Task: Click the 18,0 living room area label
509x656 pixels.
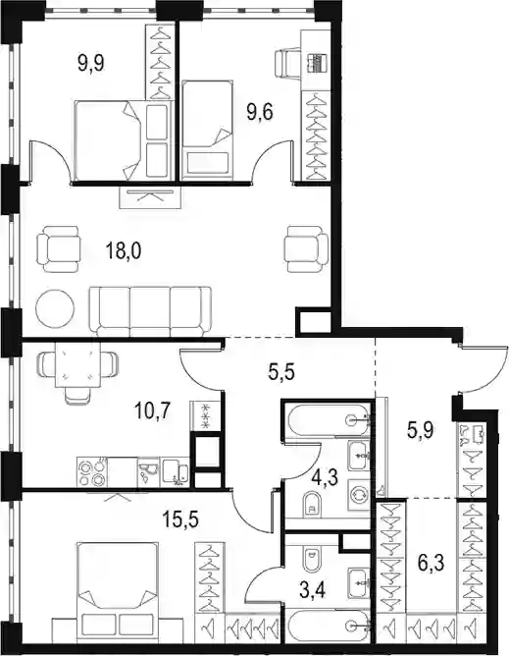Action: click(x=124, y=251)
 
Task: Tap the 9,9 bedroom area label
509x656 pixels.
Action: click(x=90, y=64)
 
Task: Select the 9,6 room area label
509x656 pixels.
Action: click(x=260, y=112)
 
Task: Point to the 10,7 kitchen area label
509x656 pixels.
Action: click(x=152, y=410)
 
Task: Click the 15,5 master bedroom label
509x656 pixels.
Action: click(x=181, y=519)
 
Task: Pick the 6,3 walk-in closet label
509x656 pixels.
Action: click(x=431, y=563)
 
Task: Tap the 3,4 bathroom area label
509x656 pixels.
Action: click(x=313, y=591)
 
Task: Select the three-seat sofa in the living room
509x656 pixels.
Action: click(x=150, y=311)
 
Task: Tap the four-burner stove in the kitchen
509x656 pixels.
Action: click(x=90, y=472)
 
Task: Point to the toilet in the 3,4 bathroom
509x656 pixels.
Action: click(x=311, y=559)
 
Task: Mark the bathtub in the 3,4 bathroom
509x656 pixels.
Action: click(x=328, y=626)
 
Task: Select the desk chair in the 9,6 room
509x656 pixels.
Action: click(x=287, y=63)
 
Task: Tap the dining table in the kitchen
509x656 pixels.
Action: click(x=78, y=364)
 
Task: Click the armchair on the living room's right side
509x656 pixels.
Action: click(x=306, y=248)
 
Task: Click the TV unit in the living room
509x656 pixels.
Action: click(x=150, y=197)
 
